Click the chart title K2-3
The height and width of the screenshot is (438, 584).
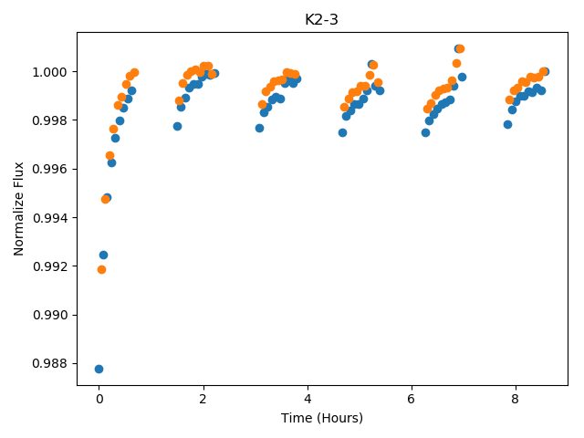[x=321, y=19]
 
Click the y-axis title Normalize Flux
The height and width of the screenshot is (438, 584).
[x=18, y=209]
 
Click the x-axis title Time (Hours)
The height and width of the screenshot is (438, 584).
[x=322, y=418]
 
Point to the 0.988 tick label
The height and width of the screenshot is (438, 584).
[x=51, y=363]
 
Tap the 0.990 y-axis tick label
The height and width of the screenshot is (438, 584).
[x=51, y=315]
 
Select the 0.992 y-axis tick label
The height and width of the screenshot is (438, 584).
[x=51, y=266]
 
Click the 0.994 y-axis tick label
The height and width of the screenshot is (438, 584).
[x=51, y=217]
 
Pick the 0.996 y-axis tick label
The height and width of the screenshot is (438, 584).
[x=51, y=169]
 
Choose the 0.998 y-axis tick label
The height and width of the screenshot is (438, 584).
[x=51, y=120]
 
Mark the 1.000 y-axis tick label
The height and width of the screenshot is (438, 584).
[x=51, y=72]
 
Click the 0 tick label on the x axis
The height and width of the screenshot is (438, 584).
[x=99, y=399]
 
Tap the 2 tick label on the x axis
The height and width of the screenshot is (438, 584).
[x=203, y=399]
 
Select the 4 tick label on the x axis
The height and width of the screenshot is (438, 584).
[x=308, y=399]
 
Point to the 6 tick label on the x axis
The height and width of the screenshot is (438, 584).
[x=412, y=399]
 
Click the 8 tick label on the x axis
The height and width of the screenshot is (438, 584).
[x=515, y=399]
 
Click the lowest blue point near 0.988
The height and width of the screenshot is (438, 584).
[x=99, y=369]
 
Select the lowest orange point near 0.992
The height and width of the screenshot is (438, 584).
[x=101, y=270]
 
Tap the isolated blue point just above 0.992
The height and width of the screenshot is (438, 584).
[x=103, y=255]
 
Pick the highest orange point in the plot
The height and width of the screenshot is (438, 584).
[x=460, y=48]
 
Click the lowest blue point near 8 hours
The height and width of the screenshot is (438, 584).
[x=507, y=124]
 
